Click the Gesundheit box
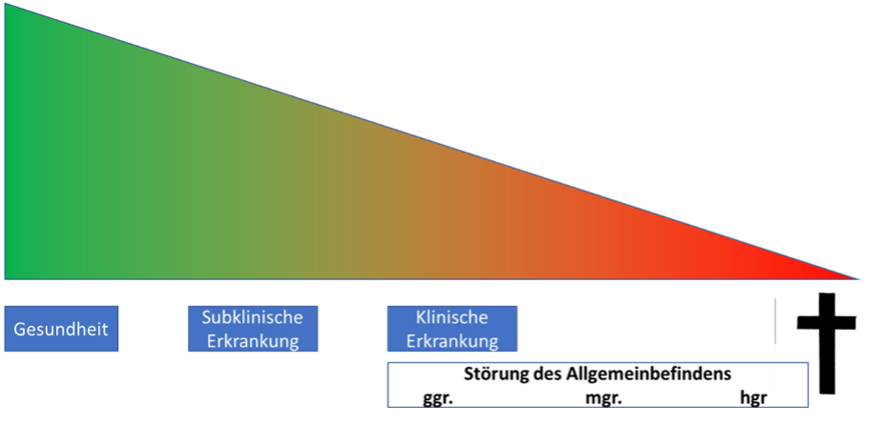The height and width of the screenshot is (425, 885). coord(62,329)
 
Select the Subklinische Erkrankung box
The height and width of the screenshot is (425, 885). coord(253,329)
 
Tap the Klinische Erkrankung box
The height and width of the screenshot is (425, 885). coord(452,329)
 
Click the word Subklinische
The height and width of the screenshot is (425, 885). coord(253,317)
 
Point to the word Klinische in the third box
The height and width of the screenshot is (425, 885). coord(452,317)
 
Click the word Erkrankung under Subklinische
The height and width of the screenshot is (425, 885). coord(253,341)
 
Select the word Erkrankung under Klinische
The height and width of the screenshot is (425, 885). coord(452,341)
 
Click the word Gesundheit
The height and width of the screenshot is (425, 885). coord(62,330)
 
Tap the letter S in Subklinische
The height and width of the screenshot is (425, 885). coord(206,317)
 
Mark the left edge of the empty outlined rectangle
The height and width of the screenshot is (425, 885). coord(387,384)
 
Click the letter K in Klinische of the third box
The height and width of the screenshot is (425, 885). coord(421,317)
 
